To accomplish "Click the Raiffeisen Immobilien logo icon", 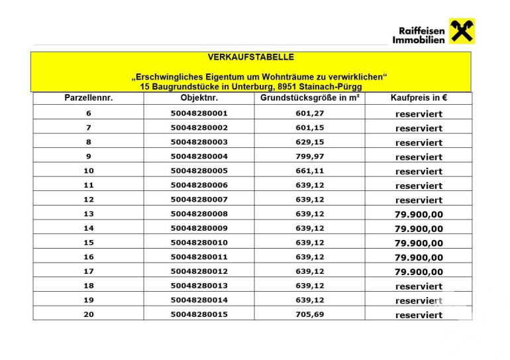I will [462, 32].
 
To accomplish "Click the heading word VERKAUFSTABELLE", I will [250, 58].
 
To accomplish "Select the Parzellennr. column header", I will [89, 98].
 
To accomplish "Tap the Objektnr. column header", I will [199, 98].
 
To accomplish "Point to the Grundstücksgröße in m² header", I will [309, 98].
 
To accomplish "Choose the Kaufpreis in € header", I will [419, 98].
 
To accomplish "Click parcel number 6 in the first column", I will [89, 113].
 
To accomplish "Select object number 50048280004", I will [199, 156].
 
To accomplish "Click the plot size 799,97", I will [309, 156].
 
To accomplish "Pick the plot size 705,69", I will [309, 314].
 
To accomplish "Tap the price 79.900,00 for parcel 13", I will [419, 214].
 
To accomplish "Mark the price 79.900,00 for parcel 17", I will [419, 272].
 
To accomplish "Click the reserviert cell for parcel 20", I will [419, 315].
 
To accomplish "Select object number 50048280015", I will [199, 314].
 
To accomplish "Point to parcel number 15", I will [89, 243].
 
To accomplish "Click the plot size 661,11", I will [309, 170].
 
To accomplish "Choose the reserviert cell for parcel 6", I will [419, 114].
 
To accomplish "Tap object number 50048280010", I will [199, 243].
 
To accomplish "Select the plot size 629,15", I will [309, 142].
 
